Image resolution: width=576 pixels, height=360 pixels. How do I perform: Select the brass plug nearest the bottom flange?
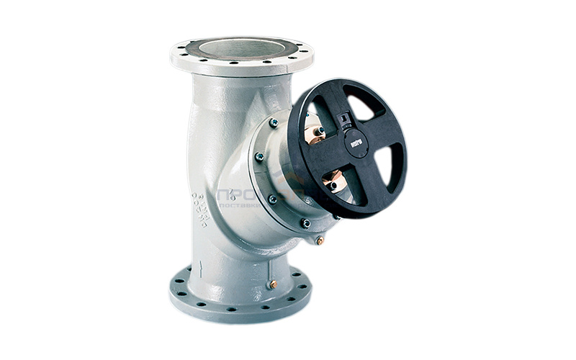pos(273,284)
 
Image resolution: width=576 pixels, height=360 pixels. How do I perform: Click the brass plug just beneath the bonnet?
pos(319,240)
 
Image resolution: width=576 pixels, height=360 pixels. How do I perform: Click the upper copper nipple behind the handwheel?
pos(315,132)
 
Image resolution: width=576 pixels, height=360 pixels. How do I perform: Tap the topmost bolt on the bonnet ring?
pos(274,123)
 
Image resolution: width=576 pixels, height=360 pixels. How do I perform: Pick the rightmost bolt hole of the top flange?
pos(309,53)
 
